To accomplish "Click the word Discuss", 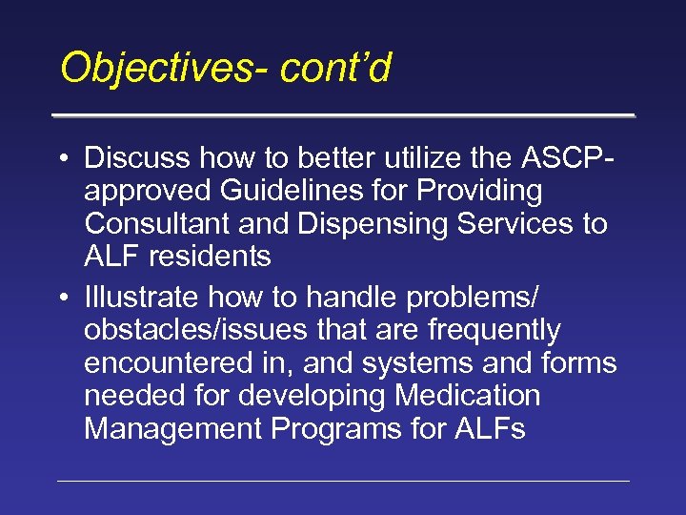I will click(137, 157).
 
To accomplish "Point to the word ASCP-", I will click(561, 157).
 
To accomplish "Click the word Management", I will click(173, 429).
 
